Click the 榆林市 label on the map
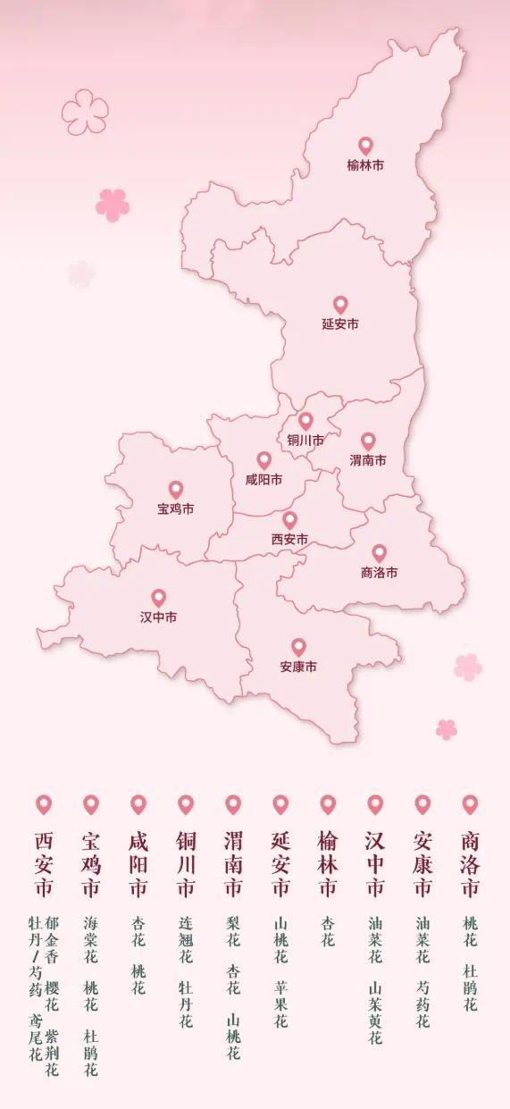pos(365,165)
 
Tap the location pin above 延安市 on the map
pos(340,305)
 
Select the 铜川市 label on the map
pos(305,441)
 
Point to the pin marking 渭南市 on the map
pos(368,441)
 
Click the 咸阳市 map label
pos(263,480)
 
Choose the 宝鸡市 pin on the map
pos(176,490)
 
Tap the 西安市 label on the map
pos(289,540)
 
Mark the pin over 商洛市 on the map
pos(380,553)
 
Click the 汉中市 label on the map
pos(158,618)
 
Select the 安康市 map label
pos(298,667)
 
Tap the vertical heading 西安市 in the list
pos(44,864)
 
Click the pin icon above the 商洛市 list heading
pos(470,804)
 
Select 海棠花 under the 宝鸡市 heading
pos(90,936)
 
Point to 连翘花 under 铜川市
pos(185,936)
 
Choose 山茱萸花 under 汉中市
pos(375,1013)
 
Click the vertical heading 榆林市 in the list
pos(328,864)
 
